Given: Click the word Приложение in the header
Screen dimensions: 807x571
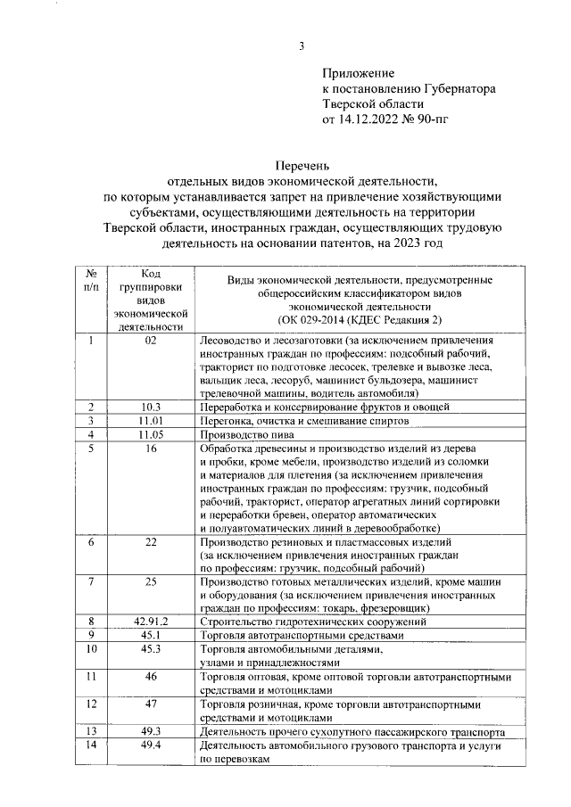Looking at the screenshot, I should (358, 72).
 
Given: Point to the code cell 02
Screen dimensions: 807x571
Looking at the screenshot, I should (150, 341).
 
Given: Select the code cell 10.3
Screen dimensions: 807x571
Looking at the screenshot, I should (150, 407).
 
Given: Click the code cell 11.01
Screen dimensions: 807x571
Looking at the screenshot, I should (150, 420).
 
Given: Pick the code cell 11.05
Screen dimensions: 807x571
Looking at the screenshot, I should (150, 433).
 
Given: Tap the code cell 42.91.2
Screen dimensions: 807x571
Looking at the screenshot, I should (150, 621).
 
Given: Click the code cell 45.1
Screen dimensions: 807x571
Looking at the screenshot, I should (150, 635).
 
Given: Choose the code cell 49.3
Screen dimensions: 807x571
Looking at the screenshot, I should (150, 731).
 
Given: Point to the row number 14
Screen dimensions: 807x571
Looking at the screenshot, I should (91, 745).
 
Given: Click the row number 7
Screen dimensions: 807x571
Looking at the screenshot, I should (91, 581).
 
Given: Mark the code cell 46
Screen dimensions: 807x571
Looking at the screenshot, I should (150, 677).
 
